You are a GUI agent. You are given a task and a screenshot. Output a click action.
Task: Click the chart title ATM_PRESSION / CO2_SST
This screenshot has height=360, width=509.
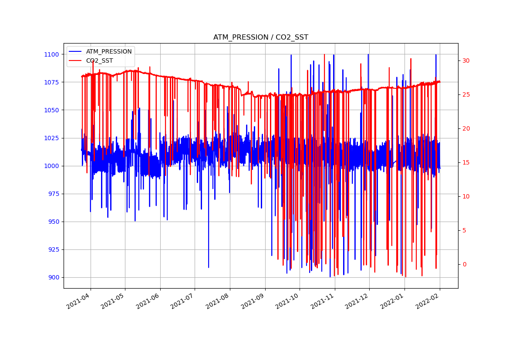pos(260,37)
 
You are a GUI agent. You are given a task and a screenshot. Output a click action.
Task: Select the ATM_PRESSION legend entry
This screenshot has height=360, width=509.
pos(108,51)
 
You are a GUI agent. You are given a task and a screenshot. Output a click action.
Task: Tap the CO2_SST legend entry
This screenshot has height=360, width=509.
pos(99,61)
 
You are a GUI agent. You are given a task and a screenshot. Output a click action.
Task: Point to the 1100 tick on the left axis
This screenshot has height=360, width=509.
pos(51,54)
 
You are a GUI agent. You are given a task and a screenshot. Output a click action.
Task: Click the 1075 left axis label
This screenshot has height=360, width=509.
pos(51,82)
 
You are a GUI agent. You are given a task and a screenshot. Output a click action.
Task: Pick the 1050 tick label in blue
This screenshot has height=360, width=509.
pos(51,110)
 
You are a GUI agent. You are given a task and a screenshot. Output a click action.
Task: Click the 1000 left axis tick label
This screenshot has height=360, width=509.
pos(51,166)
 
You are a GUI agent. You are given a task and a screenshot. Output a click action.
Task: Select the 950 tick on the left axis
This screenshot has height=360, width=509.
pos(53,222)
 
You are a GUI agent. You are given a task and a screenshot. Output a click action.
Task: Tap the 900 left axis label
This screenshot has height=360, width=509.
pos(53,277)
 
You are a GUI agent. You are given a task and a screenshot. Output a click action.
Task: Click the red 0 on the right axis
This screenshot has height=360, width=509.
pos(464,264)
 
